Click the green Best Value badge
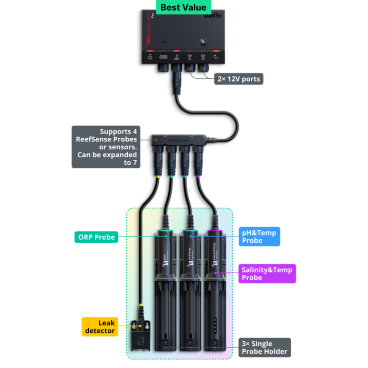pos(183,7)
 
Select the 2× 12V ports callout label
pos(238,79)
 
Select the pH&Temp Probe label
pos(259,237)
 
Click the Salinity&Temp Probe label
pos(267,273)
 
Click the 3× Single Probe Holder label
pos(264,347)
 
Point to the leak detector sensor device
pos(140,336)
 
